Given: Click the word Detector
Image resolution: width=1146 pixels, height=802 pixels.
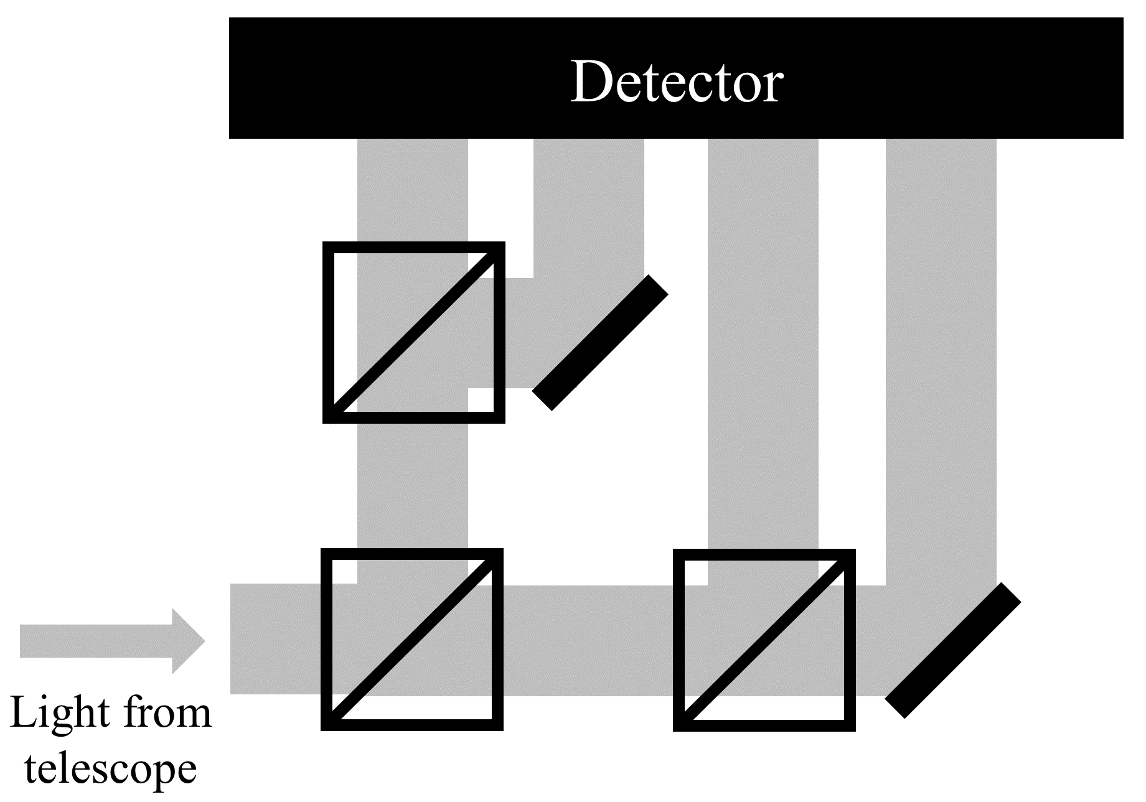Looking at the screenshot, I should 676,82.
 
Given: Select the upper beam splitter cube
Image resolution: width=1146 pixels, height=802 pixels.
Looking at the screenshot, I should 414,332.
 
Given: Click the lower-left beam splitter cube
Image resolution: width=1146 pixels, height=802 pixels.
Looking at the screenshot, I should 412,639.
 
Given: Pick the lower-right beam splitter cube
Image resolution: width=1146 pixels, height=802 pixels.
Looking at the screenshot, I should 764,640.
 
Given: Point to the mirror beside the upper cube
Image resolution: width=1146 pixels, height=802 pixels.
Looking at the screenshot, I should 600,342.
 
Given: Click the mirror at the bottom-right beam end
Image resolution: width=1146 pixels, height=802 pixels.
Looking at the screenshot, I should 952,650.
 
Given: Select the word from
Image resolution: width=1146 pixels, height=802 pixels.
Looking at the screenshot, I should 167,713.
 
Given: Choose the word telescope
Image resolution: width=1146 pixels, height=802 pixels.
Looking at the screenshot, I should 111,769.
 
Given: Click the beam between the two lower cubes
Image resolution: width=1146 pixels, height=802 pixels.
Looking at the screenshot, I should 588,640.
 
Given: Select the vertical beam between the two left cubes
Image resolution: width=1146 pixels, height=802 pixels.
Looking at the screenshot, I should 412,485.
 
